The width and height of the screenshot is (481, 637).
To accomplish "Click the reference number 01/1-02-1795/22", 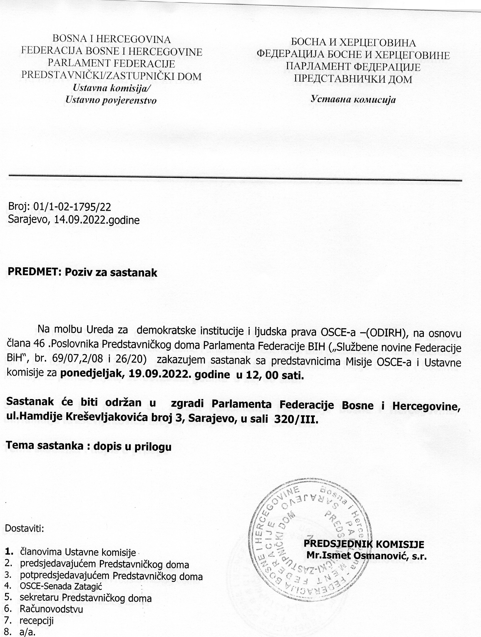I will [72, 207].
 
